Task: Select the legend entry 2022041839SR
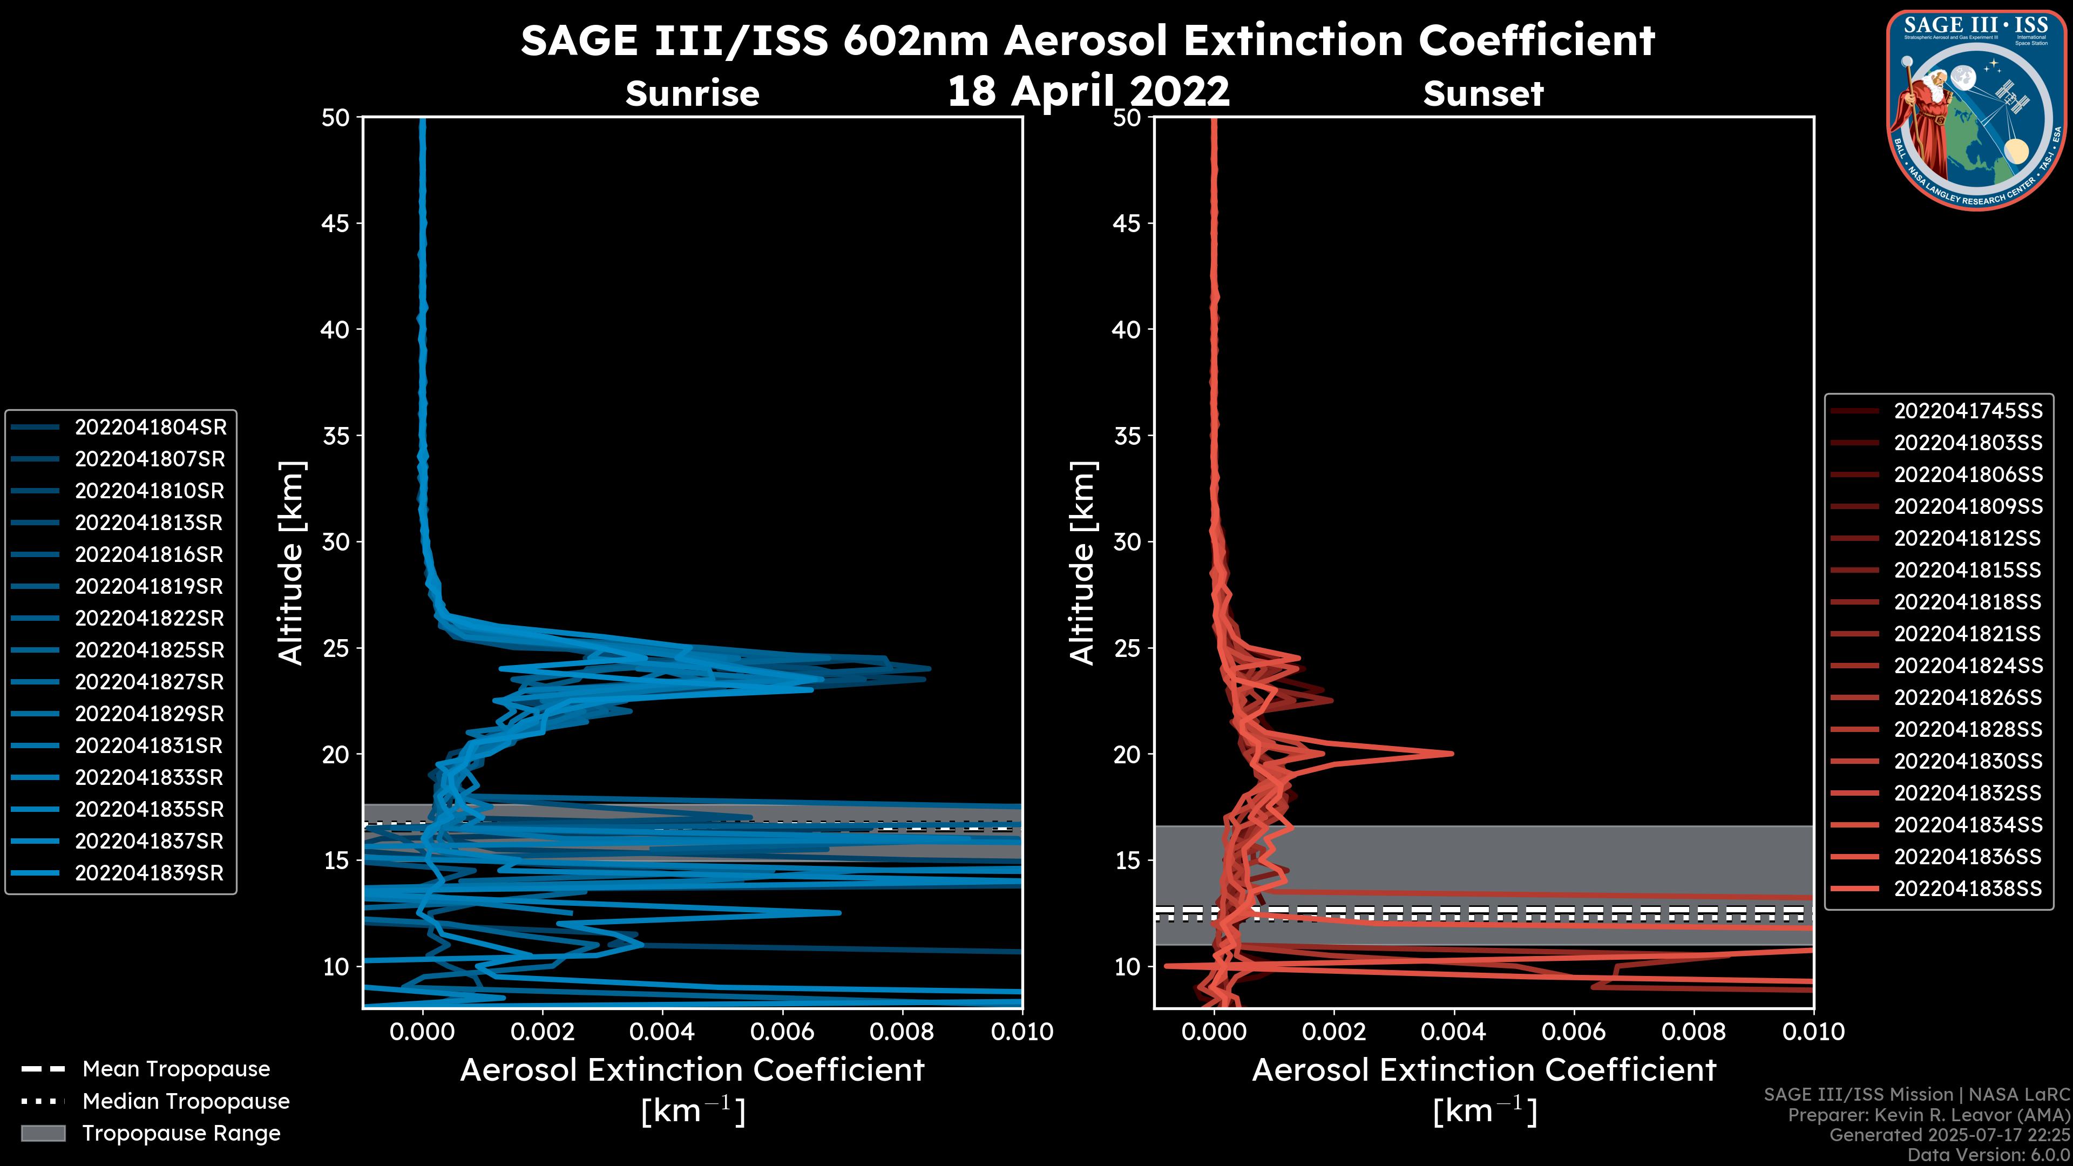pos(149,873)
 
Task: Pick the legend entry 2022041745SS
pos(1968,411)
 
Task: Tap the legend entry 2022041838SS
pos(1968,889)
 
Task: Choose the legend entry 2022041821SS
pos(1968,634)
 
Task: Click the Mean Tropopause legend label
pos(176,1069)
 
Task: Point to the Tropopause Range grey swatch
pos(43,1133)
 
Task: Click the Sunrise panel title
pos(692,93)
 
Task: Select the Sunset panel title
pos(1483,93)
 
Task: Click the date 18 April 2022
pos(1088,91)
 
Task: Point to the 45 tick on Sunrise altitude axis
pos(336,223)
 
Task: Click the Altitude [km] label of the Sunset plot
pos(1082,562)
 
